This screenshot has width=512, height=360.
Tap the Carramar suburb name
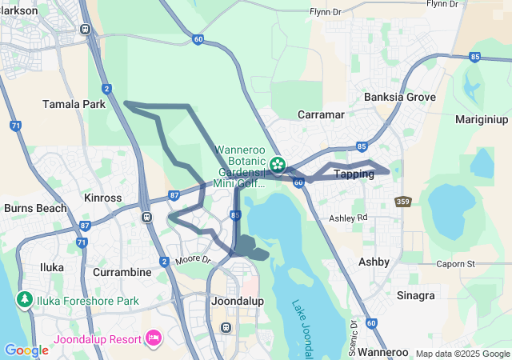321,115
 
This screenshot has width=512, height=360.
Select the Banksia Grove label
400,97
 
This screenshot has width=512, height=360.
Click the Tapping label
353,174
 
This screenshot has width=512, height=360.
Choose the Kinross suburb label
102,197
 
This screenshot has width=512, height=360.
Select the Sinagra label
417,295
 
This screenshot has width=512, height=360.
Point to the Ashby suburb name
374,262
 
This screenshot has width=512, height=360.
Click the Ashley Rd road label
348,218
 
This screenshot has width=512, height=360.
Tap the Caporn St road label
456,263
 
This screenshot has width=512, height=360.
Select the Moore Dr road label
192,260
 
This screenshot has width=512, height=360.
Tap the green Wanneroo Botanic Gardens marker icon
278,165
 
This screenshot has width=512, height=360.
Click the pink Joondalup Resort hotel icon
152,338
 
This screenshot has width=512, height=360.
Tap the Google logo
26,350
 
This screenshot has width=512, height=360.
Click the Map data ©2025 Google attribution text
462,353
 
